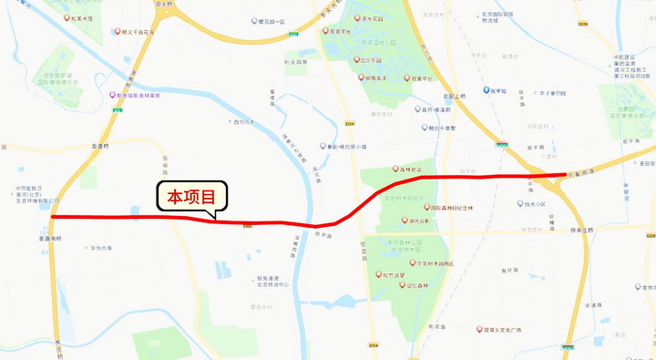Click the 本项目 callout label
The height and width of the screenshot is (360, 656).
pos(190,197)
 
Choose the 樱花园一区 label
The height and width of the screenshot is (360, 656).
pos(272,22)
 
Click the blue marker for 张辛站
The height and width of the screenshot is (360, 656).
pos(486,91)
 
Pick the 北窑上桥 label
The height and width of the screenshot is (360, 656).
pos(454,95)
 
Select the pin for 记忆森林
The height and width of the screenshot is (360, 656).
pos(401,284)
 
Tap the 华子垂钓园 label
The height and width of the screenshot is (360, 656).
pos(550,92)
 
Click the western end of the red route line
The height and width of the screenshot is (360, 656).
pos(53,217)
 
